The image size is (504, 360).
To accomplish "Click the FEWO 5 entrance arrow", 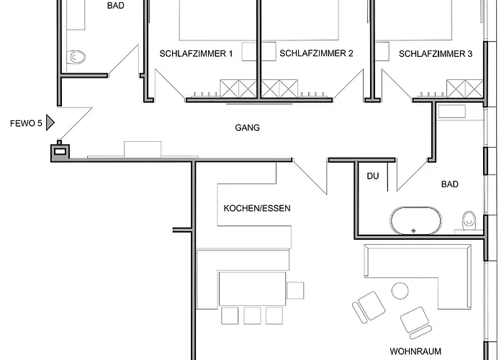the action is (50, 122).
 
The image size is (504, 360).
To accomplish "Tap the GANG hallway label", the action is (247, 128).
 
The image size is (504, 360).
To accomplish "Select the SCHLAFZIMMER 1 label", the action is (196, 54).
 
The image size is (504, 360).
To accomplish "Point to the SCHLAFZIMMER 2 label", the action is (316, 53).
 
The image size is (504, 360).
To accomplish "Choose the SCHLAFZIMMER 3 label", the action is (436, 54).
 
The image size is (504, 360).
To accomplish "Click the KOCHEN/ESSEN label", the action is (257, 208).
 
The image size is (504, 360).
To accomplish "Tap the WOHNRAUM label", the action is (415, 351).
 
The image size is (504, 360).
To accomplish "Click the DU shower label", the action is (373, 176).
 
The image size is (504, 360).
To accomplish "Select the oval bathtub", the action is (416, 220).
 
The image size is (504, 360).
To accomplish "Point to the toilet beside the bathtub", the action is (469, 220).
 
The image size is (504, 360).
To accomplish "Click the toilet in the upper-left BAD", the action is (76, 57).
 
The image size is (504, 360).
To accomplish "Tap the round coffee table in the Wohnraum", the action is (400, 291).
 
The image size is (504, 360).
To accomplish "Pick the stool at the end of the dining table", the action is (295, 290).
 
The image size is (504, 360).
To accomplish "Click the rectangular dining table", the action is (252, 289).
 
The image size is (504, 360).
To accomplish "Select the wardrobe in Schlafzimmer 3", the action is (465, 89).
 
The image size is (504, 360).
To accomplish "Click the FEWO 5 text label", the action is (26, 123).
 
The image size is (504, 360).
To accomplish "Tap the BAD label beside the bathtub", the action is (450, 184).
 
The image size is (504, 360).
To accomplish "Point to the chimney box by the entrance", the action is (60, 151).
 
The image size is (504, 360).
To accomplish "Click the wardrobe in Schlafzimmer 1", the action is (238, 89).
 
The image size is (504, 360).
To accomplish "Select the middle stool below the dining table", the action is (252, 315).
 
